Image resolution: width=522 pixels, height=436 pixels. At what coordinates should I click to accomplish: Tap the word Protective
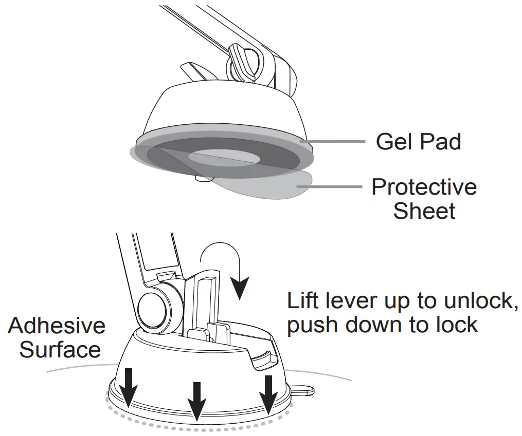coord(424,187)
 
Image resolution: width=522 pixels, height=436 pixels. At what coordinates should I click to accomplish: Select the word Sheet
coord(424,211)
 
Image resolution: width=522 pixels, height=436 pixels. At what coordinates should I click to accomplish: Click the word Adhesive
coord(57,326)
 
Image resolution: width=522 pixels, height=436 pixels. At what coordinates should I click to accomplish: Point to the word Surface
coord(60,350)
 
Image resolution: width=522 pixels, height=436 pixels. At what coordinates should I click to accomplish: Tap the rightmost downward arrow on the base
coord(268,393)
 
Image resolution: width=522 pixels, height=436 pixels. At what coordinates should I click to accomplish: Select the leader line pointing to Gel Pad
coord(334,141)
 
